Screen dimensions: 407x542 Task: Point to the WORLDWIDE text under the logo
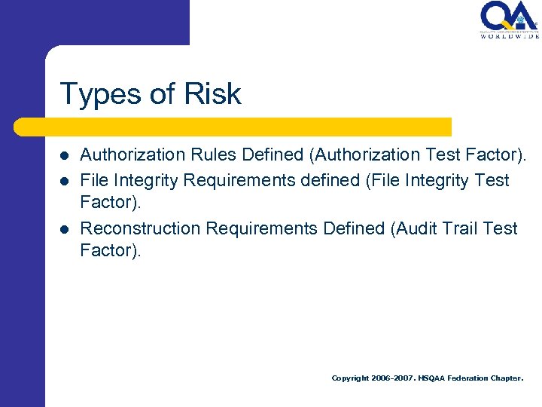click(510, 35)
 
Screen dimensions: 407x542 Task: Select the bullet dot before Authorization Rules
click(65, 155)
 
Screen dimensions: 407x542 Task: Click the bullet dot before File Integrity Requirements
click(65, 181)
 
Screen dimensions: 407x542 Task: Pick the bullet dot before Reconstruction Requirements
click(65, 228)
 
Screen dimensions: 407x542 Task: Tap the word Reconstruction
click(140, 228)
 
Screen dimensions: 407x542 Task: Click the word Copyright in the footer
click(350, 378)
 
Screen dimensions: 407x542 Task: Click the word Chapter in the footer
click(506, 378)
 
